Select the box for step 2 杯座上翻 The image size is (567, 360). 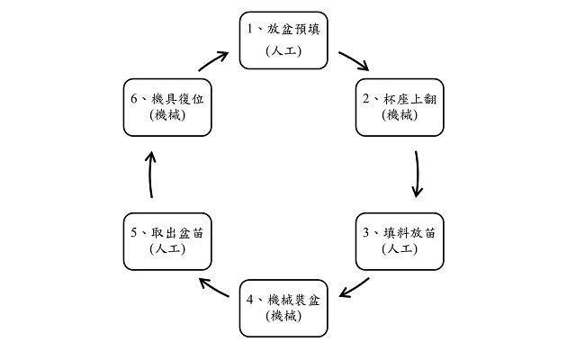(x=400, y=107)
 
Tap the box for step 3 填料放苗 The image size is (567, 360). (x=400, y=240)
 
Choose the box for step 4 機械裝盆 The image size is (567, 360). (x=283, y=308)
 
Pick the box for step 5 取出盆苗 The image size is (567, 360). (x=166, y=240)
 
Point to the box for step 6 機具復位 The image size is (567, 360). (x=166, y=107)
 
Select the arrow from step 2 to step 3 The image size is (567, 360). (x=417, y=174)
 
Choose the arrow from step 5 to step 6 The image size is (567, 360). (x=150, y=174)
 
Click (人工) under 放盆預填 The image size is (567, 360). (x=283, y=51)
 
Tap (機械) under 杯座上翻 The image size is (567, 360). (x=400, y=115)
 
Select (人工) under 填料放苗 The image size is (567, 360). (x=400, y=249)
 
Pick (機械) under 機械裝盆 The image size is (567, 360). (x=283, y=316)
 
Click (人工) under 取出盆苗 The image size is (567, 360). (x=166, y=249)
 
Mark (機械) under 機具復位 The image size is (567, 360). (x=166, y=115)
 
